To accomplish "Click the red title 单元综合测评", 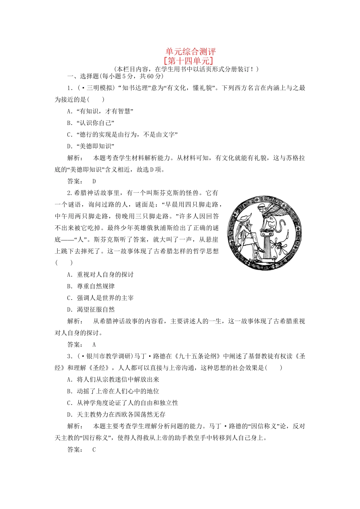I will pyautogui.click(x=190, y=52).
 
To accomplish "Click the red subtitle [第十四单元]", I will pyautogui.click(x=188, y=61).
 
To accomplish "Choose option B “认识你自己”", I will pyautogui.click(x=91, y=123).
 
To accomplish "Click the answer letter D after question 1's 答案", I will pyautogui.click(x=94, y=181).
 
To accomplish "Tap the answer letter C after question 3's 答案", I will pyautogui.click(x=94, y=450).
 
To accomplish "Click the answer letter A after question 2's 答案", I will pyautogui.click(x=94, y=345).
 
